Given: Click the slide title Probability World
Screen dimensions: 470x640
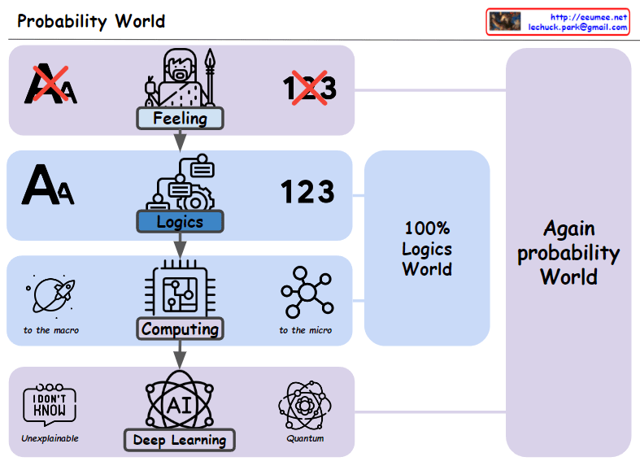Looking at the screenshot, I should point(91,21).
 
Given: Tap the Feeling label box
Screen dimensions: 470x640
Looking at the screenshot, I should point(180,119).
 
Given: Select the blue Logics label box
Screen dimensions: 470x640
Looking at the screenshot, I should point(180,222).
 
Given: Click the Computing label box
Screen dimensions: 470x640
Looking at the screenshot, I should point(180,329).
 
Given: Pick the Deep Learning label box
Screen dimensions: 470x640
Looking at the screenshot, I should point(179,440).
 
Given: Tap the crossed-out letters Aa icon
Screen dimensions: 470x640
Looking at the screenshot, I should point(51,85).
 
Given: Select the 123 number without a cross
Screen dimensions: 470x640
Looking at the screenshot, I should point(307,192).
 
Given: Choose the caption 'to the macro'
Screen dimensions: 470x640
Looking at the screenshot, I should point(51,330).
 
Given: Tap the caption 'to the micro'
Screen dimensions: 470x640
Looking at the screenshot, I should point(306,330).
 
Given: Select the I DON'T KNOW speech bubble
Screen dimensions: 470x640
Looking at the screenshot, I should point(50,403).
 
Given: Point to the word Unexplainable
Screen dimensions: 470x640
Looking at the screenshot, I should point(50,439).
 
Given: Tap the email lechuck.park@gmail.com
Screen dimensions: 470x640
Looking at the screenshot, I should point(577,27).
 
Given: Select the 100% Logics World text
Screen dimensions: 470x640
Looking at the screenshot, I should point(427,249).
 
